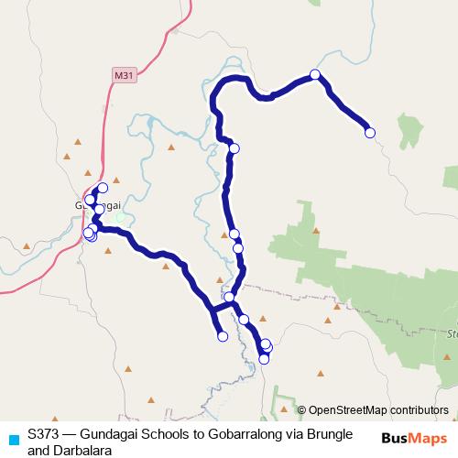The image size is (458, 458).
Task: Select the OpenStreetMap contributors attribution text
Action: [378, 410]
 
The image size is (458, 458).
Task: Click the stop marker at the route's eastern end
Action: [370, 133]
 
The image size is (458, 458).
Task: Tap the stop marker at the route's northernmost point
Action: [315, 74]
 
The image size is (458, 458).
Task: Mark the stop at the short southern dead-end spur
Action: [223, 336]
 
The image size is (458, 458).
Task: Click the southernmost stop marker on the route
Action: [264, 359]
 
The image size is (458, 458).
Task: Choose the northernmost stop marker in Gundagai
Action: [103, 188]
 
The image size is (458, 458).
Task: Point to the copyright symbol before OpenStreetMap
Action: [302, 410]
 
